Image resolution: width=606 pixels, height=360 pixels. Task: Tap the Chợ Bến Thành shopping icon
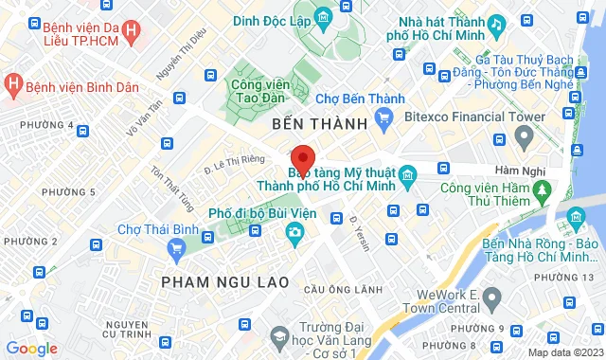point(383,117)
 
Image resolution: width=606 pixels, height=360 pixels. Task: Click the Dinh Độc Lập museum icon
point(324,16)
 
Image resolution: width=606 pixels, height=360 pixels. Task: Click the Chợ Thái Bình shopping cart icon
point(175,248)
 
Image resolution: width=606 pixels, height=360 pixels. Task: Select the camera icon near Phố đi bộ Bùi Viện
point(295,232)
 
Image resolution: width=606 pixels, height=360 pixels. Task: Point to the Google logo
point(31,349)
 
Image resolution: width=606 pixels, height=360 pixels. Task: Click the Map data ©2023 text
point(564,352)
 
